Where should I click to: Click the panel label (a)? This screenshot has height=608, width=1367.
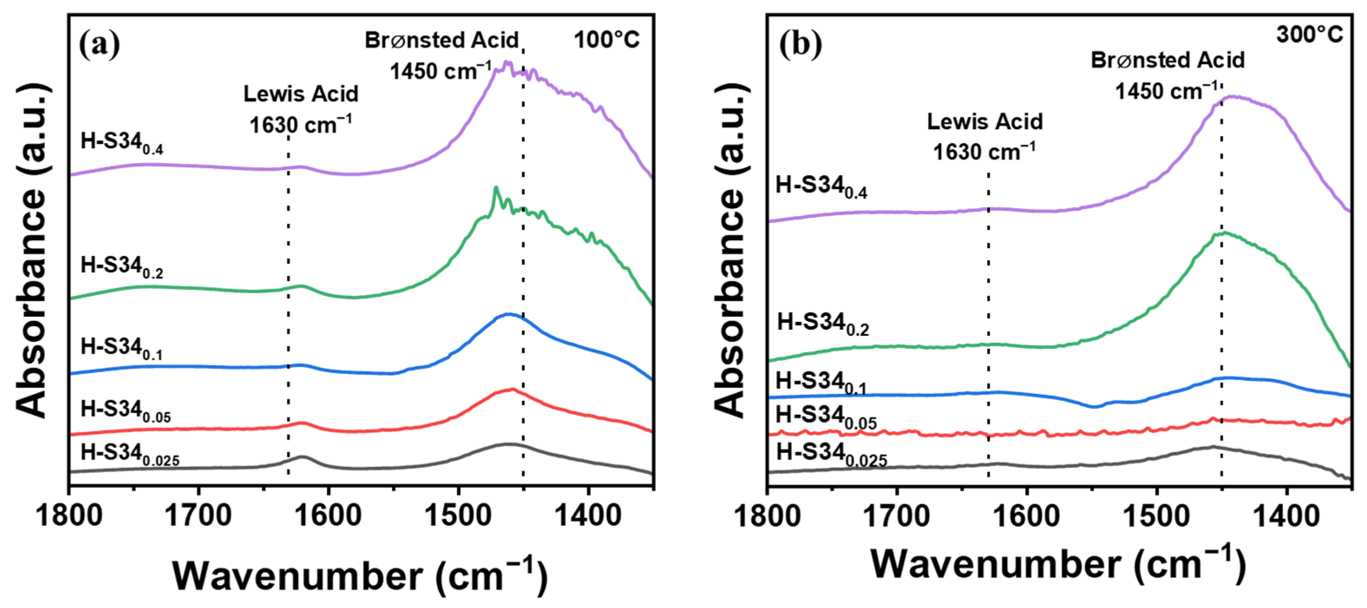point(99,45)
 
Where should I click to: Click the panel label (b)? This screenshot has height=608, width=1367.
point(800,45)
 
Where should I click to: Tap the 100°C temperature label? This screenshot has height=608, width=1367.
point(607,40)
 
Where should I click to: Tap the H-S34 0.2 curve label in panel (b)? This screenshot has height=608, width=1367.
point(823,324)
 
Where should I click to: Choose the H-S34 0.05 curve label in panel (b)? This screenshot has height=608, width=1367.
point(826,416)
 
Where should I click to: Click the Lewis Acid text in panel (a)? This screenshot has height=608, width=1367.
point(301,94)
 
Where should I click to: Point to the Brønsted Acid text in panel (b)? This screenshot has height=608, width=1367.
point(1167,60)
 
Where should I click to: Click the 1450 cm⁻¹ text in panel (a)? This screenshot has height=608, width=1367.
point(440,71)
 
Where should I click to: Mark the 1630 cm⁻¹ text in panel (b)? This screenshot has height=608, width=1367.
point(984,152)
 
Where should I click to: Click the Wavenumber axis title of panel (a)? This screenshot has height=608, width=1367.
point(359,576)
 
